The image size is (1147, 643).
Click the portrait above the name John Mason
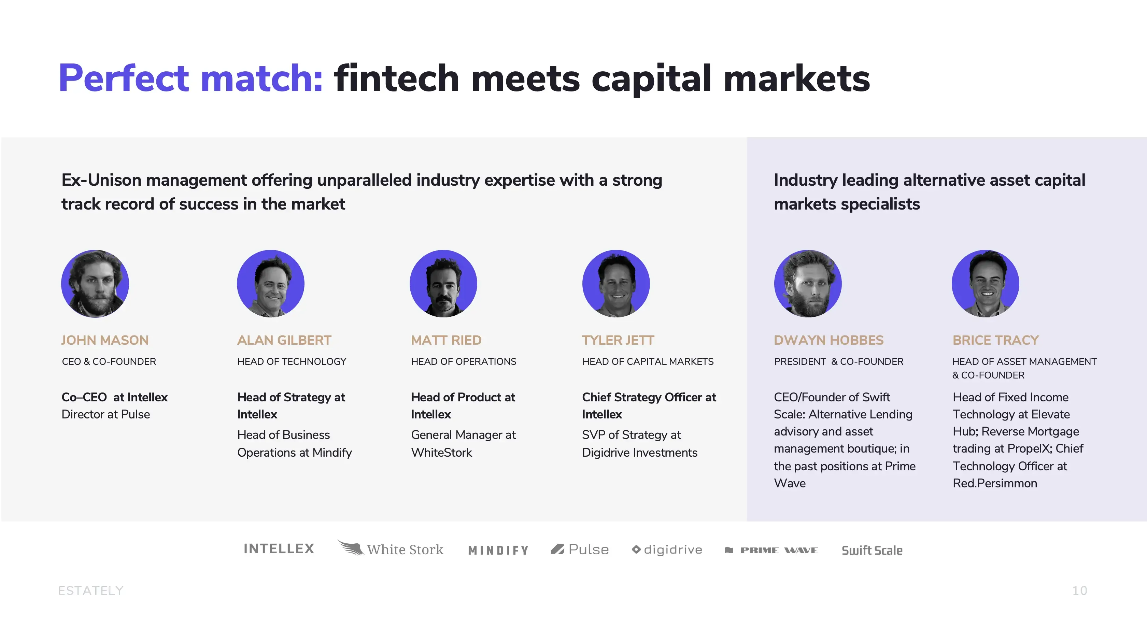pos(95,284)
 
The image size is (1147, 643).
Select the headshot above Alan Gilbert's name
pos(271,284)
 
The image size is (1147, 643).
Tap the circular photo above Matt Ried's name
pos(443,284)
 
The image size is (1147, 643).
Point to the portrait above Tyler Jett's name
pos(616,284)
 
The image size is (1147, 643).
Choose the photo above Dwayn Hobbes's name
pos(808,284)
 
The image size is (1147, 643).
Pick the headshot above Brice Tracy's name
pos(986,284)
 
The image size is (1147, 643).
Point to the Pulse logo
pos(580,549)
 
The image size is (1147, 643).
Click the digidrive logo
pos(667,550)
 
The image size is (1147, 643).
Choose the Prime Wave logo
pos(771,551)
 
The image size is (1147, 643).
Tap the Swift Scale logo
pos(872,551)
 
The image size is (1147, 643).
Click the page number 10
pos(1080,590)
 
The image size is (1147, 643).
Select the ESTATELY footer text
pos(91,590)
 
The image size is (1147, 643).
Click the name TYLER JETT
pos(618,340)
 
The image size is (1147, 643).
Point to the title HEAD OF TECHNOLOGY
pos(292,361)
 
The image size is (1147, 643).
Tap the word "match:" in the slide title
pos(262,78)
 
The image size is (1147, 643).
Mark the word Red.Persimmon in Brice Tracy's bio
pos(995,484)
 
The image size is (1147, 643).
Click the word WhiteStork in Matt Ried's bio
pos(441,453)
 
